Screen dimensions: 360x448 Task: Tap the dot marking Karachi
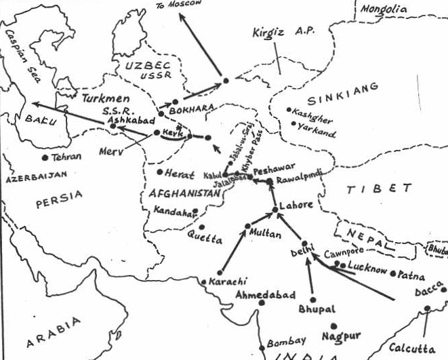click(x=204, y=281)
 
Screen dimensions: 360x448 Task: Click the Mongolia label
click(x=383, y=9)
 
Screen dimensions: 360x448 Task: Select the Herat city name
click(x=180, y=173)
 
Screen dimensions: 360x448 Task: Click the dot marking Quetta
click(x=201, y=227)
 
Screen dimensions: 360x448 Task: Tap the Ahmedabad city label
click(x=266, y=295)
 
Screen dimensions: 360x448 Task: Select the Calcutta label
click(x=413, y=348)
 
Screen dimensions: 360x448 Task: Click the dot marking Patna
click(x=393, y=273)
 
